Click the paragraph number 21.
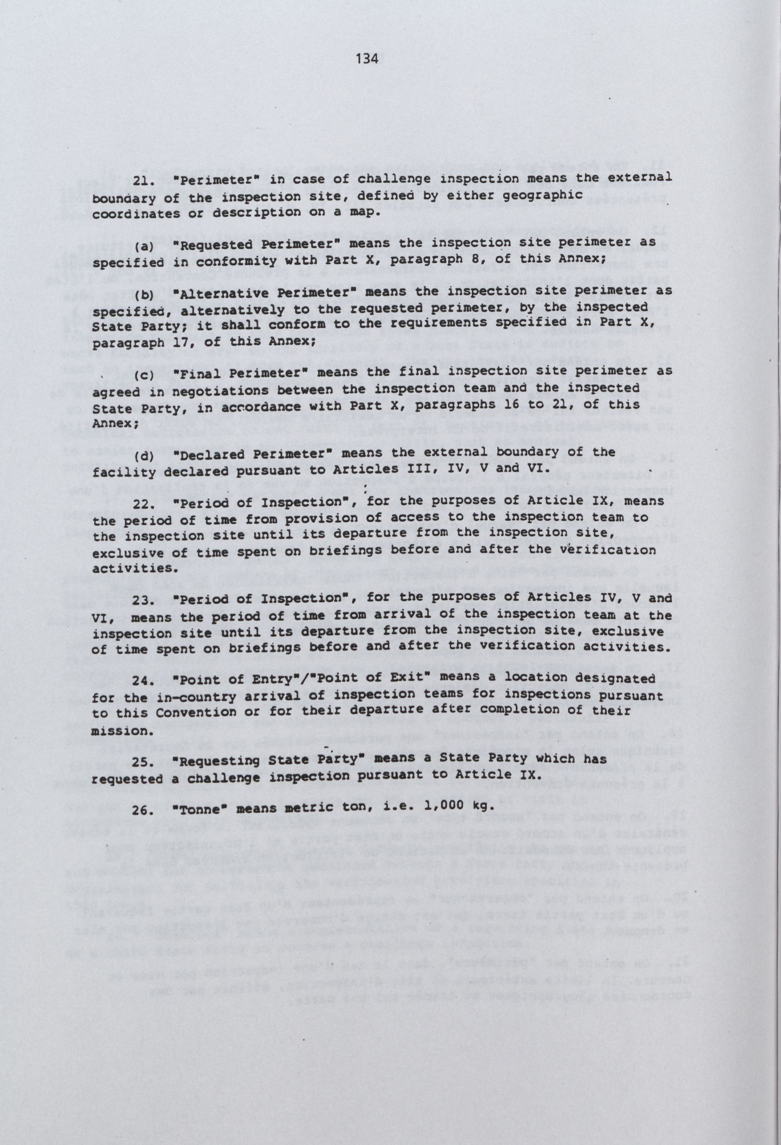tap(143, 180)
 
